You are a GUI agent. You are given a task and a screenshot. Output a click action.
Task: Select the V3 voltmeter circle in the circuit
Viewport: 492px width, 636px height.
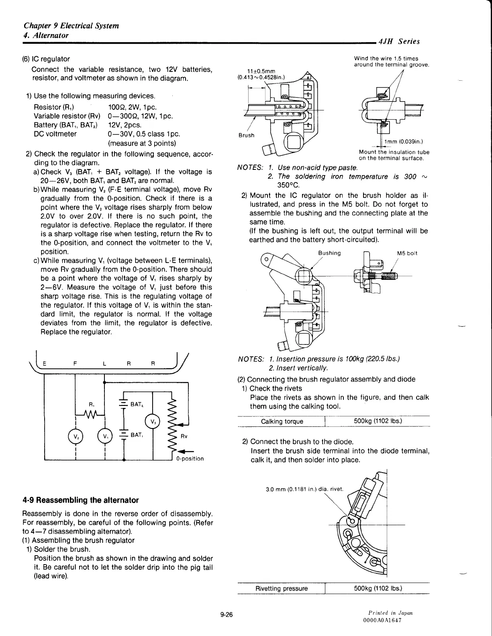153,422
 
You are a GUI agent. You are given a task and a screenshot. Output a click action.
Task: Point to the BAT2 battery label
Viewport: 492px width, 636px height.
137,404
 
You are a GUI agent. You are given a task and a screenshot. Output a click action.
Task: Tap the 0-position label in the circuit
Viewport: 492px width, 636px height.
190,459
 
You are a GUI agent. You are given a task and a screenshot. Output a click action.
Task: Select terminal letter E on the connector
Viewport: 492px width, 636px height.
45,364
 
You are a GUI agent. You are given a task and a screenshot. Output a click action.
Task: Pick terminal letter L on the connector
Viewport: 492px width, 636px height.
104,364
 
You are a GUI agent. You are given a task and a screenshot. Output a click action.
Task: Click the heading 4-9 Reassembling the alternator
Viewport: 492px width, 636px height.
80,500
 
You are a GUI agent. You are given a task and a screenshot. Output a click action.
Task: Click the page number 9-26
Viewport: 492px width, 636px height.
227,615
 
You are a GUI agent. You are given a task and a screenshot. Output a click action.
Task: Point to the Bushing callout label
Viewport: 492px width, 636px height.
329,253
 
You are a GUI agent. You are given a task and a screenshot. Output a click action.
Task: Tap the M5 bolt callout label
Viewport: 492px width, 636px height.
407,253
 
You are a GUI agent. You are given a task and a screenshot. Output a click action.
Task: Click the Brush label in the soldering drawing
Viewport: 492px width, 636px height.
246,135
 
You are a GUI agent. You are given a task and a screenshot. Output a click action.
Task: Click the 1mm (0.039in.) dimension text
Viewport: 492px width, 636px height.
404,141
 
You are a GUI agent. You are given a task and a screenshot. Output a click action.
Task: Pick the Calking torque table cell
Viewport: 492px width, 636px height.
282,421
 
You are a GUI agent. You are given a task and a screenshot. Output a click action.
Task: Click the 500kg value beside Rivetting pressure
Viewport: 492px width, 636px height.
378,589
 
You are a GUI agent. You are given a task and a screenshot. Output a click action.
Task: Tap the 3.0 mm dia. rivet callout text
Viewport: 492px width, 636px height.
304,489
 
